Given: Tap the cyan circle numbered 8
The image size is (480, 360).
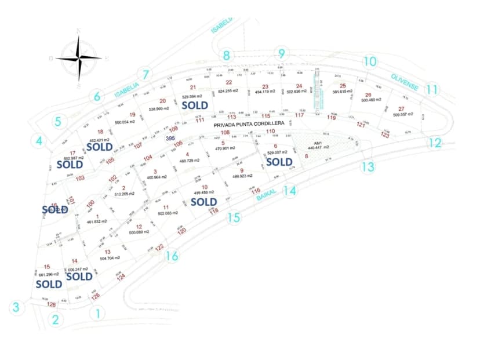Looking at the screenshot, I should [227, 56].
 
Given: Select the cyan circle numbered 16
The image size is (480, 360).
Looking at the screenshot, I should [172, 256].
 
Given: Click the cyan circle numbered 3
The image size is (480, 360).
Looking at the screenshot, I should [17, 307].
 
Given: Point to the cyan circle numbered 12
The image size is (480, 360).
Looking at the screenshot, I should [435, 143].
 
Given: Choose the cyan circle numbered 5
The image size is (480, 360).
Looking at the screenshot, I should [58, 122].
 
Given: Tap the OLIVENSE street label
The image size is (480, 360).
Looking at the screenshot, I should [405, 82].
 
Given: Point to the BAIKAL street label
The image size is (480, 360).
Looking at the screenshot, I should [265, 197].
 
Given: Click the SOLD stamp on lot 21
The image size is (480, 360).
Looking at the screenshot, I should [195, 106].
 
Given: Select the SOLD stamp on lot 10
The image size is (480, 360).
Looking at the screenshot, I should [203, 202].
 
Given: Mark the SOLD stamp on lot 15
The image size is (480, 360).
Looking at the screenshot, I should [49, 284].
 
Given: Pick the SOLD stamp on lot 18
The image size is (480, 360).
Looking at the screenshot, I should [99, 147].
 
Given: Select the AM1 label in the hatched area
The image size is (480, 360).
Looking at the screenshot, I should [318, 141].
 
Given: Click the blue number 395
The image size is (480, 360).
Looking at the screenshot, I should [170, 139].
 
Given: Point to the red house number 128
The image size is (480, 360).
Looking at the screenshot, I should [51, 304].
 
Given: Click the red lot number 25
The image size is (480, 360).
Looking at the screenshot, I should [343, 86].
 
